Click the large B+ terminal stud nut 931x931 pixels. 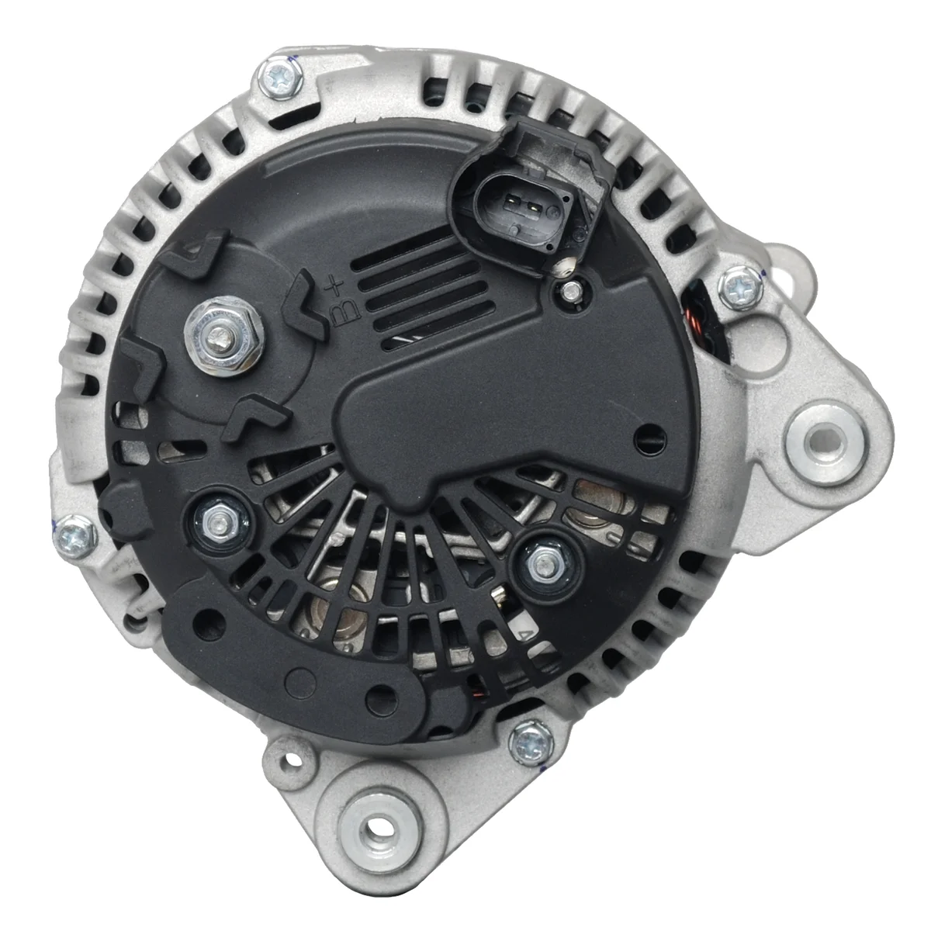pos(223,335)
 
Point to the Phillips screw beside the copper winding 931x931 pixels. pos(740,289)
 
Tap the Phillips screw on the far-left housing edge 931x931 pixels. pos(75,537)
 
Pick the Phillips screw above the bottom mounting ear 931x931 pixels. pos(531,743)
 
